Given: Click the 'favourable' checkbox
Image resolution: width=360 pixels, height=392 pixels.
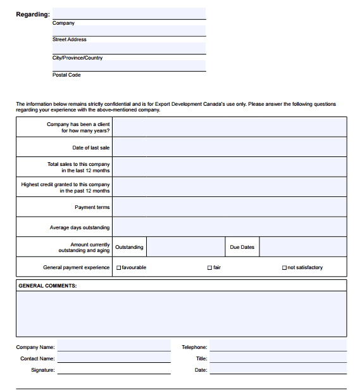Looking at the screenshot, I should click(118, 268).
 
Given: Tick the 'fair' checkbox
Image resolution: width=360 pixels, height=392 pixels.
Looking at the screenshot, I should click(209, 268).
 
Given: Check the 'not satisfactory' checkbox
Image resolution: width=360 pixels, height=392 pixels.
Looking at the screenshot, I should click(284, 268).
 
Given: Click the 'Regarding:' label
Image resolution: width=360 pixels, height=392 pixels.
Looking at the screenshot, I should click(33, 15).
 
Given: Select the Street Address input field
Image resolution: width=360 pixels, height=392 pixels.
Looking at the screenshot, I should click(128, 30).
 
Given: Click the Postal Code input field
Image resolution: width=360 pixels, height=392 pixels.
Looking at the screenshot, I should click(128, 65).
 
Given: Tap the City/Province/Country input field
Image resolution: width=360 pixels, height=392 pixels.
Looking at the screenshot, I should click(128, 48).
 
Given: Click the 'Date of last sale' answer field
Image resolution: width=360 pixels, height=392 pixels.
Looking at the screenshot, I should click(229, 148).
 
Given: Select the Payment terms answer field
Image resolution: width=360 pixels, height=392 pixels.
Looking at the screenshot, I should click(229, 207).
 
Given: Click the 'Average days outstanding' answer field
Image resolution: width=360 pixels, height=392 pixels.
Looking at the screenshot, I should click(229, 227).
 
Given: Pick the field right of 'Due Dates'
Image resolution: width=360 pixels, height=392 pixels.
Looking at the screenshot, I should click(302, 247).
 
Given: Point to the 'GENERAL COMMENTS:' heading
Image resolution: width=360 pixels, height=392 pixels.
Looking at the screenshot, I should click(47, 286).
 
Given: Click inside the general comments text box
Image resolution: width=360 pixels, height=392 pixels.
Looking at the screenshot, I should click(181, 313).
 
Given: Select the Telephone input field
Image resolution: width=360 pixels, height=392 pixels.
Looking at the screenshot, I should click(278, 346).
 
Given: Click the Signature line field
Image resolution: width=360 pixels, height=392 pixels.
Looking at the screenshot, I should click(114, 370).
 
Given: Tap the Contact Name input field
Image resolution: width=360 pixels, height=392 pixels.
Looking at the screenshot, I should click(114, 358).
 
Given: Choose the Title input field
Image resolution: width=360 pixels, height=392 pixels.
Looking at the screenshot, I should click(278, 358).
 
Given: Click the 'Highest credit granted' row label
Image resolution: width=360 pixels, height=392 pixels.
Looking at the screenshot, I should click(66, 187).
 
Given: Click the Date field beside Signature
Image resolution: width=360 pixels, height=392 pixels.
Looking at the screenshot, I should click(278, 370).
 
